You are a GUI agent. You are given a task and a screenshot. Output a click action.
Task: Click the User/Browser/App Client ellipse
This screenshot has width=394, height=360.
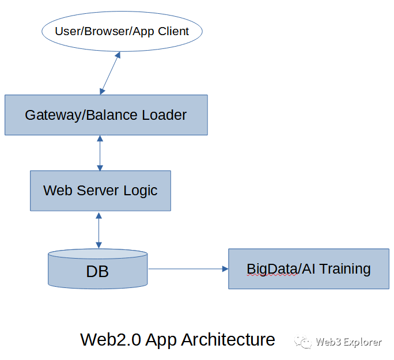[x=122, y=31]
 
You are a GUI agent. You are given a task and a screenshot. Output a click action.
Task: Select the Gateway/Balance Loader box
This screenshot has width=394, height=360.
[x=106, y=115]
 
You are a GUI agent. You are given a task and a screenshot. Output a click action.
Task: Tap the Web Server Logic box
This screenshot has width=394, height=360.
[x=100, y=190]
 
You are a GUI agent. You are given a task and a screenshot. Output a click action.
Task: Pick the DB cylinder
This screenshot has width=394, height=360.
[x=98, y=269]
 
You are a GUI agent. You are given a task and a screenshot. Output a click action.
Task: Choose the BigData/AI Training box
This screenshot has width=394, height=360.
[x=308, y=268]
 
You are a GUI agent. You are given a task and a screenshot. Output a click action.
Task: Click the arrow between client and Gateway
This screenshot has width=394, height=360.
[x=110, y=73]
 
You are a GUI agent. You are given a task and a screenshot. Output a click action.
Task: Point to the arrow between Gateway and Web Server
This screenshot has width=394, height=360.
[x=100, y=153]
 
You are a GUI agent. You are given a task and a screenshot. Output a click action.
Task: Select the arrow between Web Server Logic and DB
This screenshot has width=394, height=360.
[x=99, y=230]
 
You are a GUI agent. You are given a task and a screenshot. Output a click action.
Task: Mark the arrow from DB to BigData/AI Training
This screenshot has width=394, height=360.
[x=187, y=268]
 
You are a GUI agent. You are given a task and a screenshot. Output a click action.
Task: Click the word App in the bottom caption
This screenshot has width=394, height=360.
[x=161, y=340]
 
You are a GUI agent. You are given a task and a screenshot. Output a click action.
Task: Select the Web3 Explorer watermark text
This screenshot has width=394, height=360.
[x=348, y=342]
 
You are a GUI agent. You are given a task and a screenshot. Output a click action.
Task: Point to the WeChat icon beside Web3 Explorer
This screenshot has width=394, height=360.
[x=304, y=342]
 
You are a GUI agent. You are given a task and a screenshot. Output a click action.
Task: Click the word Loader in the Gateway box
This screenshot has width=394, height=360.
[x=164, y=115]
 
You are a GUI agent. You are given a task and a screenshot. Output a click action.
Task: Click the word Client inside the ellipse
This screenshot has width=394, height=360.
[x=172, y=31]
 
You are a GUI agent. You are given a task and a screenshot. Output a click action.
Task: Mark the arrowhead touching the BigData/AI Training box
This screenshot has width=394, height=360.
[x=225, y=268]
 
